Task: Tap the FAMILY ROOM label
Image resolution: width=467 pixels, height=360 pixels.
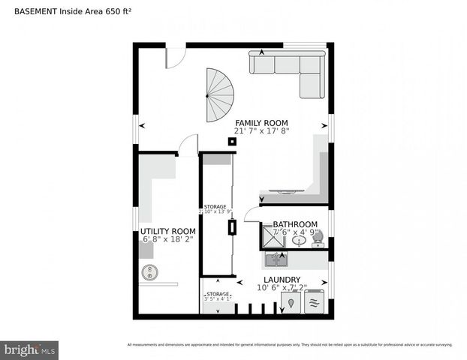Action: (261, 122)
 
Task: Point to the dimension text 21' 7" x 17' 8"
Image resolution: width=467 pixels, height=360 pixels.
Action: (261, 131)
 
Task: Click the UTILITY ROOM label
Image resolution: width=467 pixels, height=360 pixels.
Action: (167, 231)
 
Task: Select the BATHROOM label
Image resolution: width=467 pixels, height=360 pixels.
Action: (294, 224)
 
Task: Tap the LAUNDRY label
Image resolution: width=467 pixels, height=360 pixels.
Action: (282, 279)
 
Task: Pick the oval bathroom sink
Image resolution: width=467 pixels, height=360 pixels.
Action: (298, 241)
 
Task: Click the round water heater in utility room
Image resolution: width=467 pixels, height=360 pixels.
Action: (147, 274)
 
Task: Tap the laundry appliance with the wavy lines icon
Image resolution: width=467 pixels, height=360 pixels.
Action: (315, 303)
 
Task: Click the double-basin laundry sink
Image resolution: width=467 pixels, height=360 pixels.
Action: (276, 261)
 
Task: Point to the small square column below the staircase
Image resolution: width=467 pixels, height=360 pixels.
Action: (232, 140)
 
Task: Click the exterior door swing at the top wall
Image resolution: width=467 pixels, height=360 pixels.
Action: (175, 56)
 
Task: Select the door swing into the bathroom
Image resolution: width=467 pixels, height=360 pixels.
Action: (252, 215)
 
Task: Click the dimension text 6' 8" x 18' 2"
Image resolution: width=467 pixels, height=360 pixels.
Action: (167, 240)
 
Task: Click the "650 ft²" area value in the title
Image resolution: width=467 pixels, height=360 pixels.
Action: (114, 12)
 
